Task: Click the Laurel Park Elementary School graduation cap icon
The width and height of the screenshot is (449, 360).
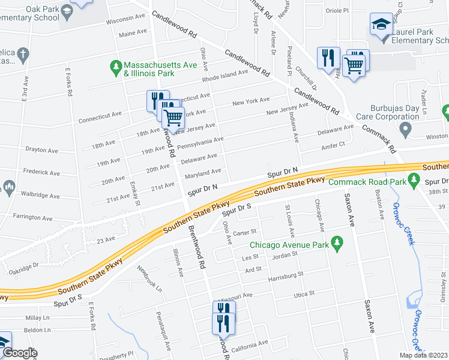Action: [x=381, y=25]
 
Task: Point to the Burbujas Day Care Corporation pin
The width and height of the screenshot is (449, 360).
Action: [x=406, y=129]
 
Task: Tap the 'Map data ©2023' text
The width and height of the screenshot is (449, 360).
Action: [x=423, y=355]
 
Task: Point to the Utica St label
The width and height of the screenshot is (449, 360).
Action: [x=304, y=294]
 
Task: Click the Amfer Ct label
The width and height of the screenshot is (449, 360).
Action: [x=334, y=145]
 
